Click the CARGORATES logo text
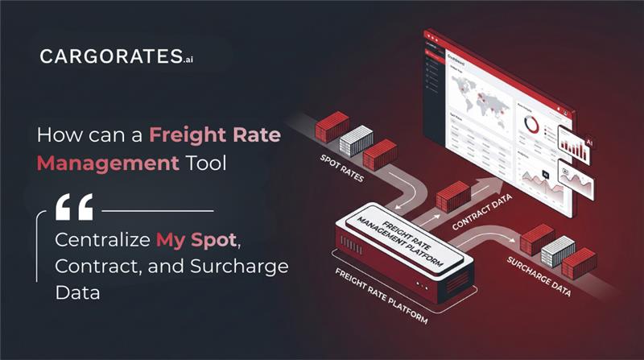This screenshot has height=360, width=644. [108, 57]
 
